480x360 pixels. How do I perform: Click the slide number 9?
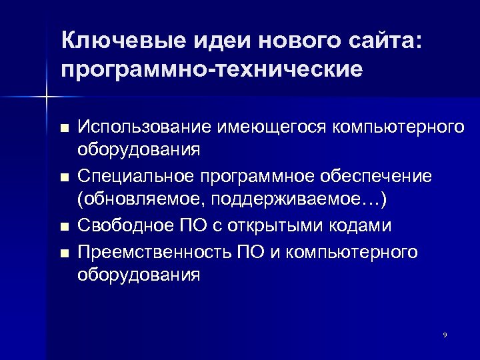pyautogui.click(x=445, y=334)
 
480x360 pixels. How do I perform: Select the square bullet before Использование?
pyautogui.click(x=64, y=127)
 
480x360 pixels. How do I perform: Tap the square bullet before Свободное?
pyautogui.click(x=64, y=227)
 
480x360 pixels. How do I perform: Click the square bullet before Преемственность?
pyautogui.click(x=64, y=253)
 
